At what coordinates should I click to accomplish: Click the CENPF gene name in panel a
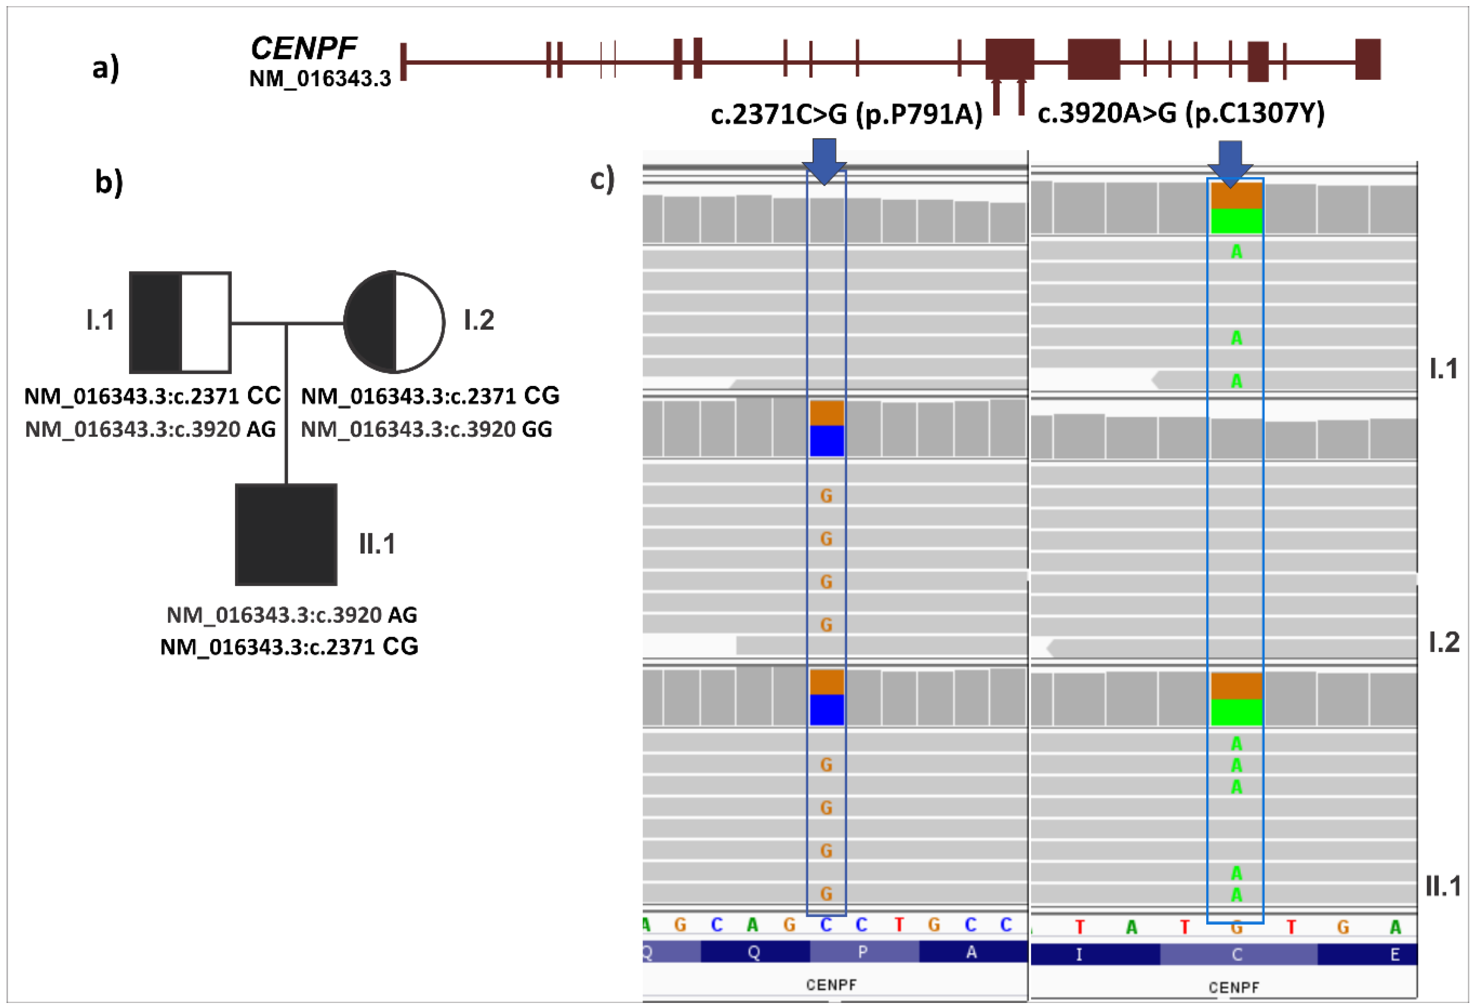(303, 48)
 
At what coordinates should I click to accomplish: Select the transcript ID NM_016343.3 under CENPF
(320, 79)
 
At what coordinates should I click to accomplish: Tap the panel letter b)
(109, 182)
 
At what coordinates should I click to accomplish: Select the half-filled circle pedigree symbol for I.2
(394, 322)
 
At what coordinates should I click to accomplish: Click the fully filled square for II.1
(286, 534)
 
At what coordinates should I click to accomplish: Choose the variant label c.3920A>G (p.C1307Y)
(1181, 113)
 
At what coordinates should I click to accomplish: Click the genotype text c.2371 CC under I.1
(152, 396)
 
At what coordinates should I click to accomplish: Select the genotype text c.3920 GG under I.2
(426, 429)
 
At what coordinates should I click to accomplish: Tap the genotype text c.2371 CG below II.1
(290, 647)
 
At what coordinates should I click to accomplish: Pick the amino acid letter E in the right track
(1394, 954)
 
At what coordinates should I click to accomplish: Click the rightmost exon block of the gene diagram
(1368, 60)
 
